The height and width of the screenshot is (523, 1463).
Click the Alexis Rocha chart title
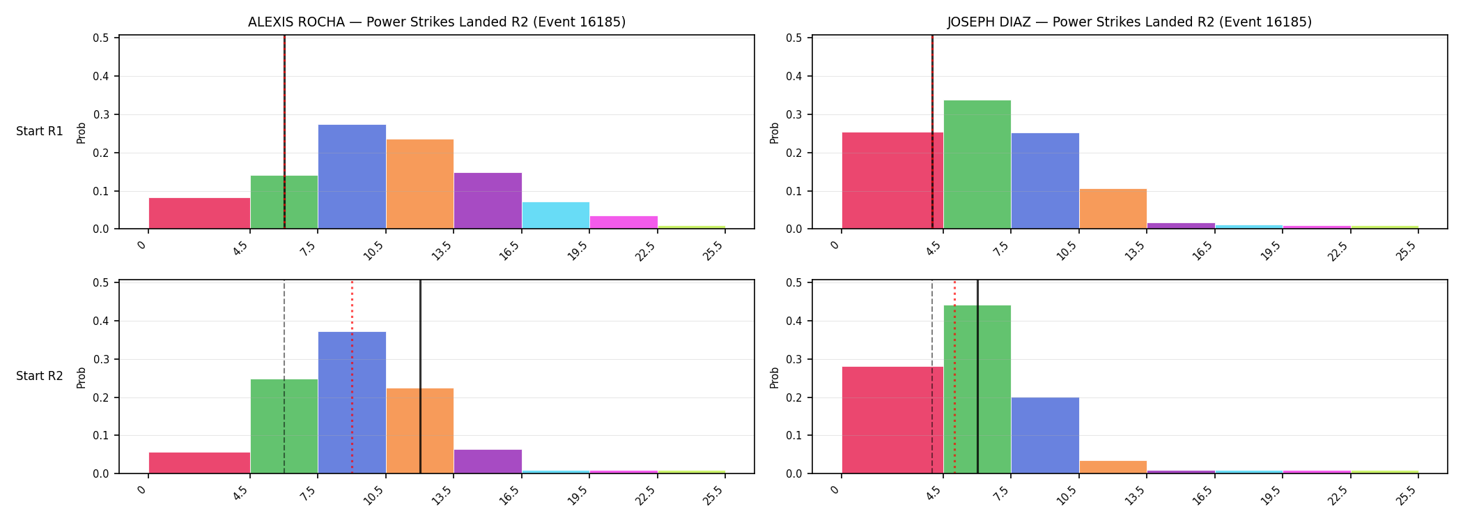[x=437, y=22]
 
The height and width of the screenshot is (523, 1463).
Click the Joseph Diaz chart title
[x=1129, y=22]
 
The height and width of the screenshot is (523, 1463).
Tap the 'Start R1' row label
[x=40, y=131]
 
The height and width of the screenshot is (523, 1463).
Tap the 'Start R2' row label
[x=40, y=376]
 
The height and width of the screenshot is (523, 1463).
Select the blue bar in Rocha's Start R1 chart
[x=352, y=176]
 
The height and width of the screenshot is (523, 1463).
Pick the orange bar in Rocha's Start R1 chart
[x=420, y=184]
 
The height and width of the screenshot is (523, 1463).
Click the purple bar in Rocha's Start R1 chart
[x=488, y=201]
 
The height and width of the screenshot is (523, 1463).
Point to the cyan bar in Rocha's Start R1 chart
[x=556, y=215]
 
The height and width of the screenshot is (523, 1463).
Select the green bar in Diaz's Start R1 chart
[x=977, y=165]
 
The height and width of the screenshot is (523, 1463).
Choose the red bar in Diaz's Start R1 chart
[x=892, y=181]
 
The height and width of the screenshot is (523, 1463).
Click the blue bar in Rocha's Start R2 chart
[x=352, y=402]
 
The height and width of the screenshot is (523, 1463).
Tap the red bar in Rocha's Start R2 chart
[x=199, y=463]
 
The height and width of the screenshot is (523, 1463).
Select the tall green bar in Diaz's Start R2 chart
[x=977, y=389]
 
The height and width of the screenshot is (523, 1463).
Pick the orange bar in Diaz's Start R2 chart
[x=1113, y=467]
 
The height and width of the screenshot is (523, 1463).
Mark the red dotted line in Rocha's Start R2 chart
[x=352, y=377]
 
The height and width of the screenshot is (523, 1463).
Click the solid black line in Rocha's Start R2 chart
[x=420, y=377]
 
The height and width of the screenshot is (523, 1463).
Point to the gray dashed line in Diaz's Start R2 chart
[x=932, y=377]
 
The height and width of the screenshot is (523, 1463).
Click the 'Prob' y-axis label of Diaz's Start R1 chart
[x=775, y=132]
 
